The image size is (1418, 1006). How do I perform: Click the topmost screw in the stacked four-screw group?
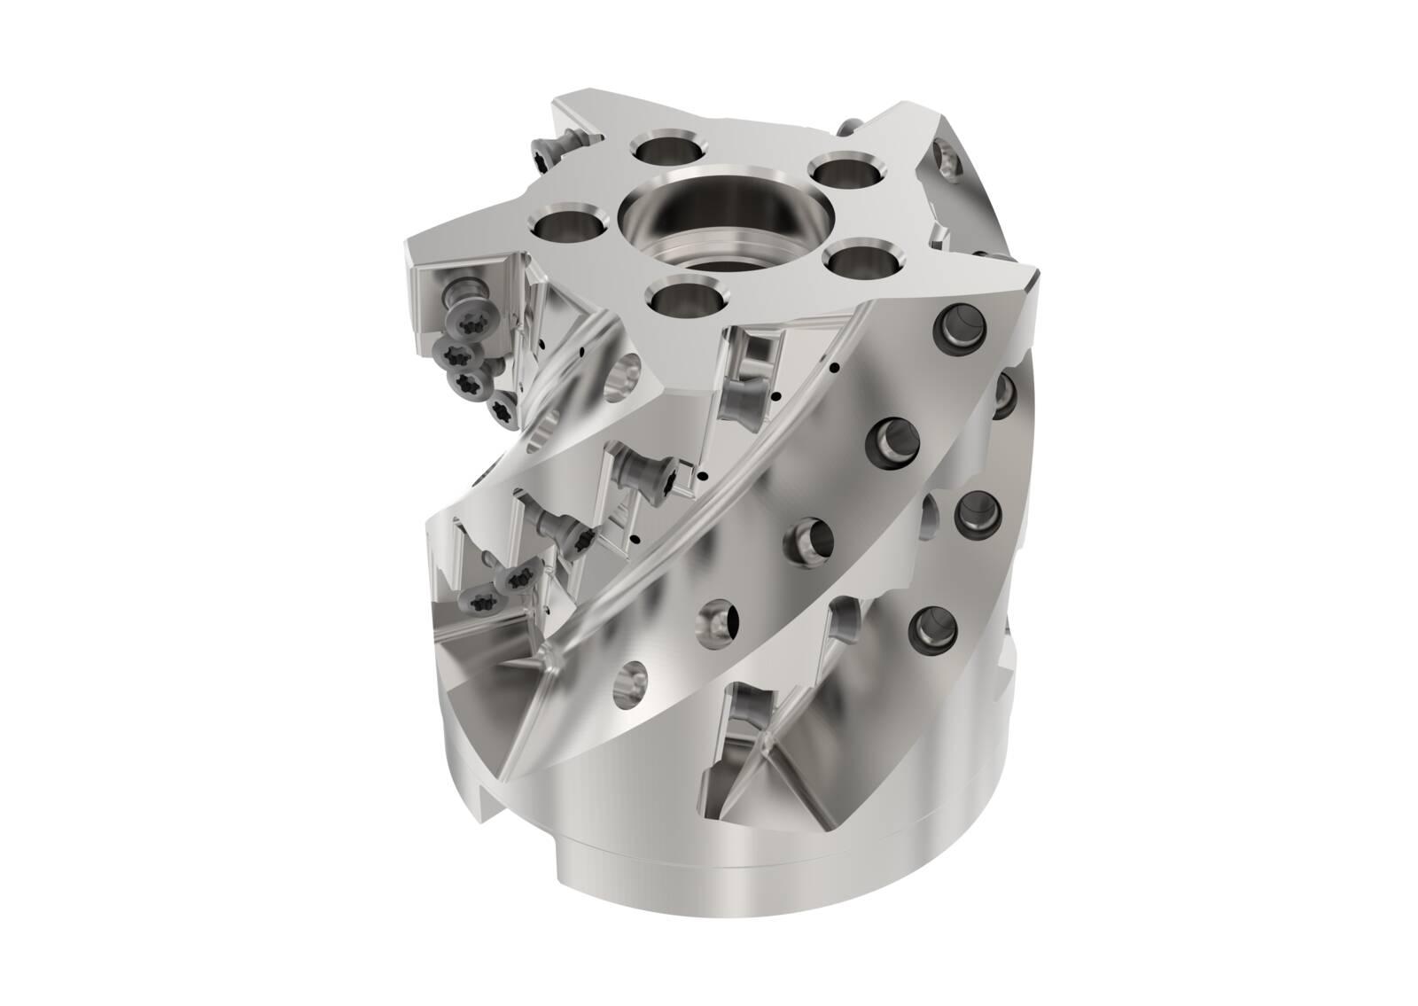pyautogui.click(x=468, y=316)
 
